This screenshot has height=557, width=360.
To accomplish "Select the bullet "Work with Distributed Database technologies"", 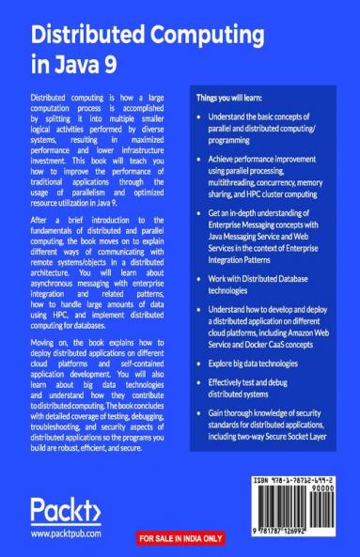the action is click(268, 289).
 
